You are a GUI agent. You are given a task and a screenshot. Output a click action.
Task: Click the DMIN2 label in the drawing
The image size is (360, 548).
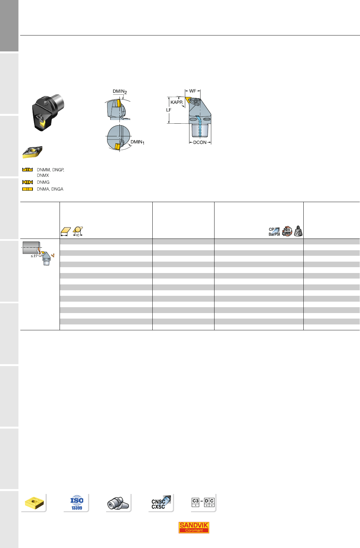pos(120,91)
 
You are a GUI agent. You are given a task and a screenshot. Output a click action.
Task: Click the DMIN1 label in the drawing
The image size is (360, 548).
pos(137,142)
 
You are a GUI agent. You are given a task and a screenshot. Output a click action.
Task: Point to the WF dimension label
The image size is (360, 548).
pos(193,91)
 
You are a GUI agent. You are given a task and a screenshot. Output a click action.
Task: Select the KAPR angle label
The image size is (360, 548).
pos(176,102)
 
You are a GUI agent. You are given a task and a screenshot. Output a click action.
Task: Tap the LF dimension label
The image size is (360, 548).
pos(169,110)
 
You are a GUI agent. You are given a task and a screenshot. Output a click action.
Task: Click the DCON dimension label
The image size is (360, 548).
pos(200,143)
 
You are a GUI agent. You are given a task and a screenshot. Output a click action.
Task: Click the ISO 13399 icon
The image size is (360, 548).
pos(77,502)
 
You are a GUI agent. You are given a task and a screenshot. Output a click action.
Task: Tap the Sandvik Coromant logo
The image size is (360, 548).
pos(194,527)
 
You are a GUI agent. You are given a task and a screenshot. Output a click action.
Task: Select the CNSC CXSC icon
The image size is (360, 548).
pos(161,503)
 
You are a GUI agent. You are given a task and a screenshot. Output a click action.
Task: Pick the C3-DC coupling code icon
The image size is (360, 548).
pos(203,502)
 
